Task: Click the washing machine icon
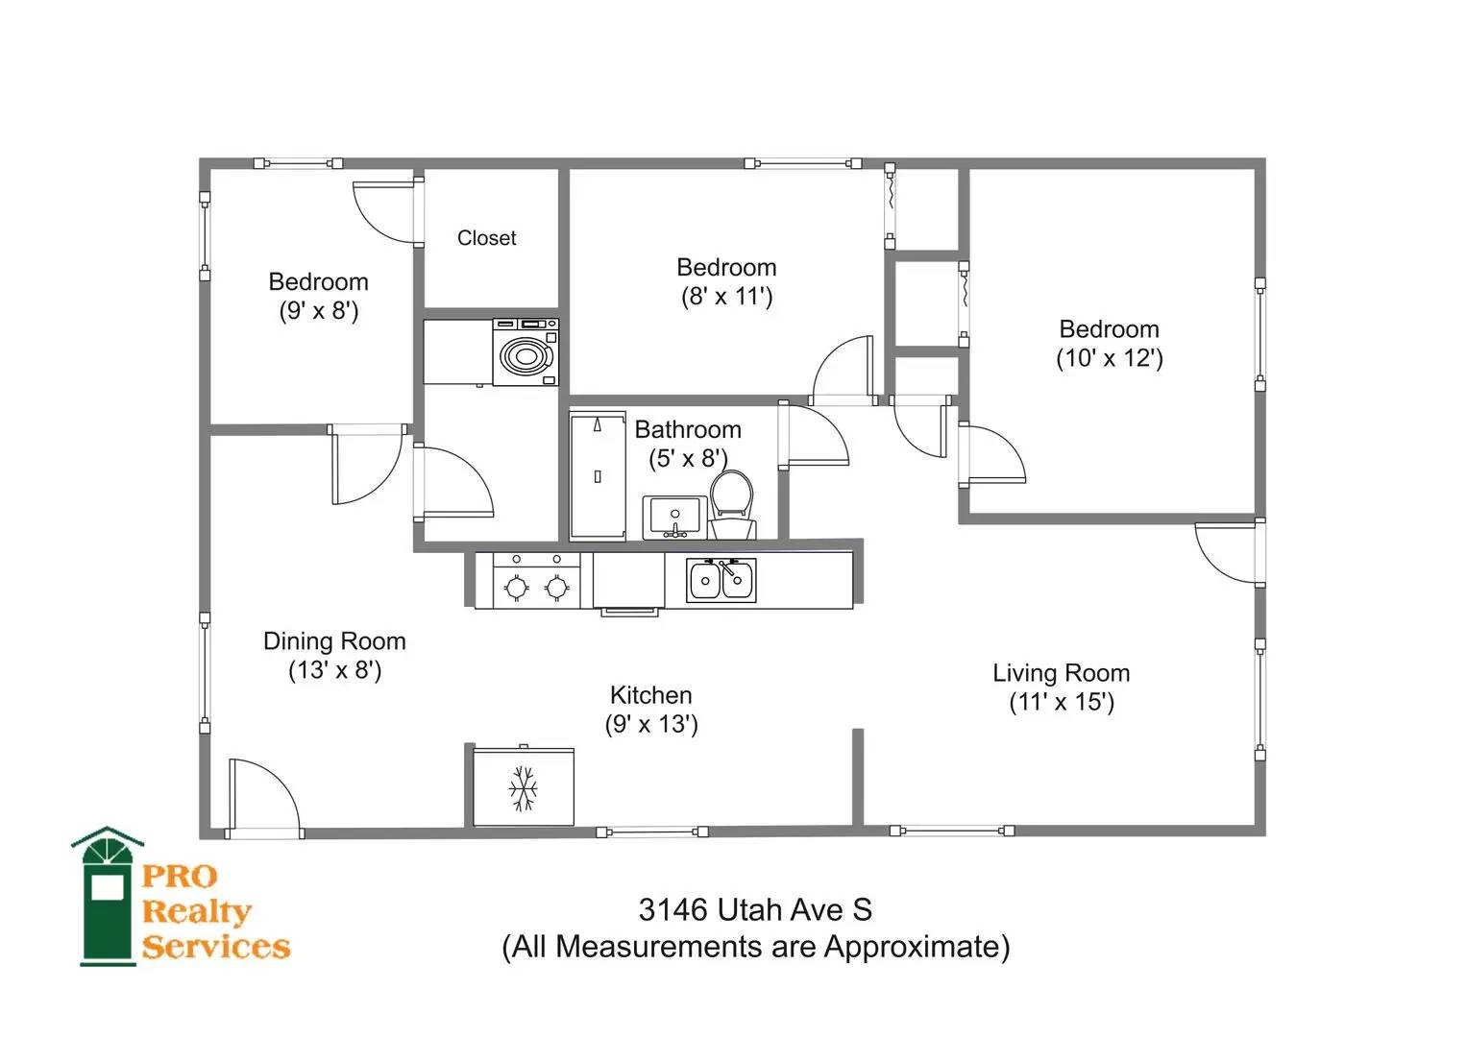click(526, 352)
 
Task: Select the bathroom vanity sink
click(674, 518)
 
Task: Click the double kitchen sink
click(721, 580)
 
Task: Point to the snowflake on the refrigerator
click(524, 788)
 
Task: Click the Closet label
click(487, 238)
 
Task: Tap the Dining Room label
click(334, 641)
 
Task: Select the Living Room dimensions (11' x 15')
click(1062, 702)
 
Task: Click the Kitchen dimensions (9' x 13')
click(651, 724)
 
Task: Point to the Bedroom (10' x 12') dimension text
click(1110, 358)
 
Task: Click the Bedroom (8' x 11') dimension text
click(727, 297)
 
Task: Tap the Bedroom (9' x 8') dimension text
click(319, 310)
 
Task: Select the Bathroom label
click(688, 429)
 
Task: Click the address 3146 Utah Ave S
click(756, 910)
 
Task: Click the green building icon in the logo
click(108, 896)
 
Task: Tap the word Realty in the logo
click(197, 911)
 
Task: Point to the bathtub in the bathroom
click(598, 476)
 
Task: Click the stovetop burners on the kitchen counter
click(536, 580)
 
